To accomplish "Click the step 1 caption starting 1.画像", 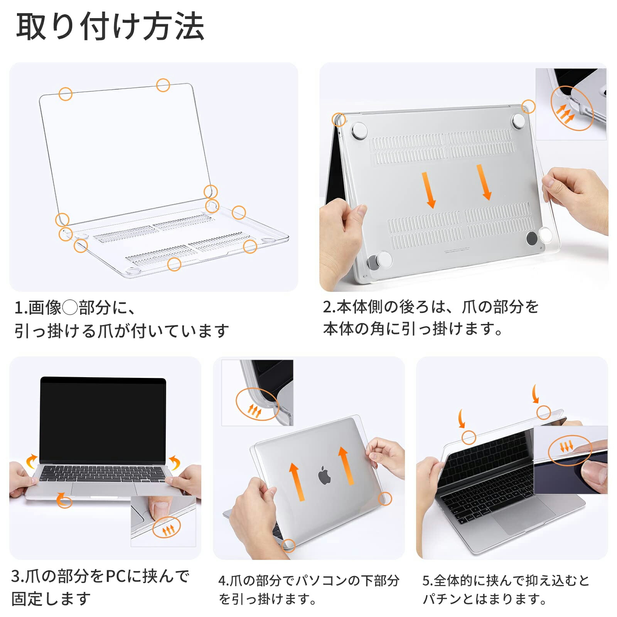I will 75,307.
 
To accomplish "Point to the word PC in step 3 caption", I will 116,576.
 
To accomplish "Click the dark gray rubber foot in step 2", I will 532,238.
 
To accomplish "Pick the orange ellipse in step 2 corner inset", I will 571,108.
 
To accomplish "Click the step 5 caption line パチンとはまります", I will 484,599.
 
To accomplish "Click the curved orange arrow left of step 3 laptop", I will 31,461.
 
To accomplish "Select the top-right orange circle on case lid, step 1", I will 163,85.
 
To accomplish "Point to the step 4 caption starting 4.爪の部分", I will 308,580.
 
